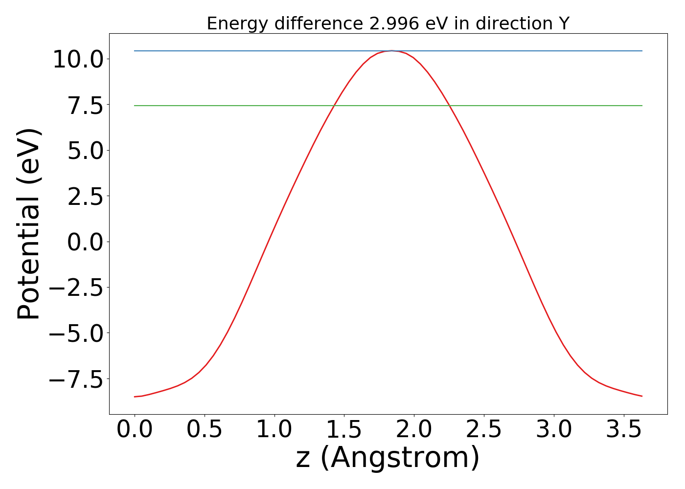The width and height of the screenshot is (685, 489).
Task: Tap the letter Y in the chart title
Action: [564, 23]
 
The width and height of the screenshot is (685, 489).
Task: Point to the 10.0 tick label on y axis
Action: [77, 60]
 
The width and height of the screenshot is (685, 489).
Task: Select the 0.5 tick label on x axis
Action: [205, 430]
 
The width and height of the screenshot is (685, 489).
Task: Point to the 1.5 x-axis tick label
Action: [344, 430]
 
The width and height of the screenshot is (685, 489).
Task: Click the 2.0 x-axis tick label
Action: [414, 430]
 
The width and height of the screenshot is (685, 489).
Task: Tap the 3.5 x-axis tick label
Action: [623, 430]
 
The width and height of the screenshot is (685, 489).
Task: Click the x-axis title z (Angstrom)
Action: [388, 458]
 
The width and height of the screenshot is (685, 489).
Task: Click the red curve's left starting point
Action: [135, 397]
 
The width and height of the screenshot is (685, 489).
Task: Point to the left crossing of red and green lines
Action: [334, 106]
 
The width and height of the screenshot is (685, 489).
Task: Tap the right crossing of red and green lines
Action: [450, 106]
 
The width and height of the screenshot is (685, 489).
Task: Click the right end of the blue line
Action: [642, 51]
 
